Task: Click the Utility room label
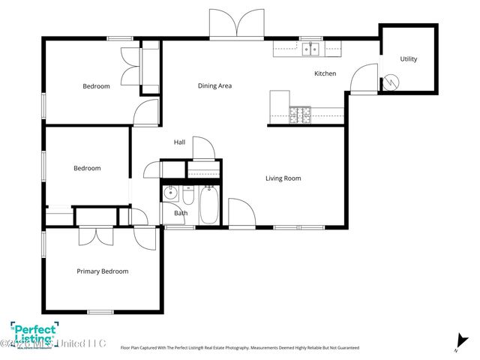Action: [x=408, y=59]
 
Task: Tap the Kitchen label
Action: [x=325, y=73]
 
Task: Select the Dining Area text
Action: [x=214, y=85]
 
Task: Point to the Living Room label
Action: [x=283, y=178]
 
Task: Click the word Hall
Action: [x=179, y=142]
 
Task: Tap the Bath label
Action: [x=181, y=213]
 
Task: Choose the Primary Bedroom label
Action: [x=103, y=271]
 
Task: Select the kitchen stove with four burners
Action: [x=301, y=115]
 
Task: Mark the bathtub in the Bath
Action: [x=208, y=203]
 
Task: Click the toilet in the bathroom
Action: [x=187, y=196]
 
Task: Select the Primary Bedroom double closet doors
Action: [x=96, y=234]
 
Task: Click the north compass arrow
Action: [x=457, y=343]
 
